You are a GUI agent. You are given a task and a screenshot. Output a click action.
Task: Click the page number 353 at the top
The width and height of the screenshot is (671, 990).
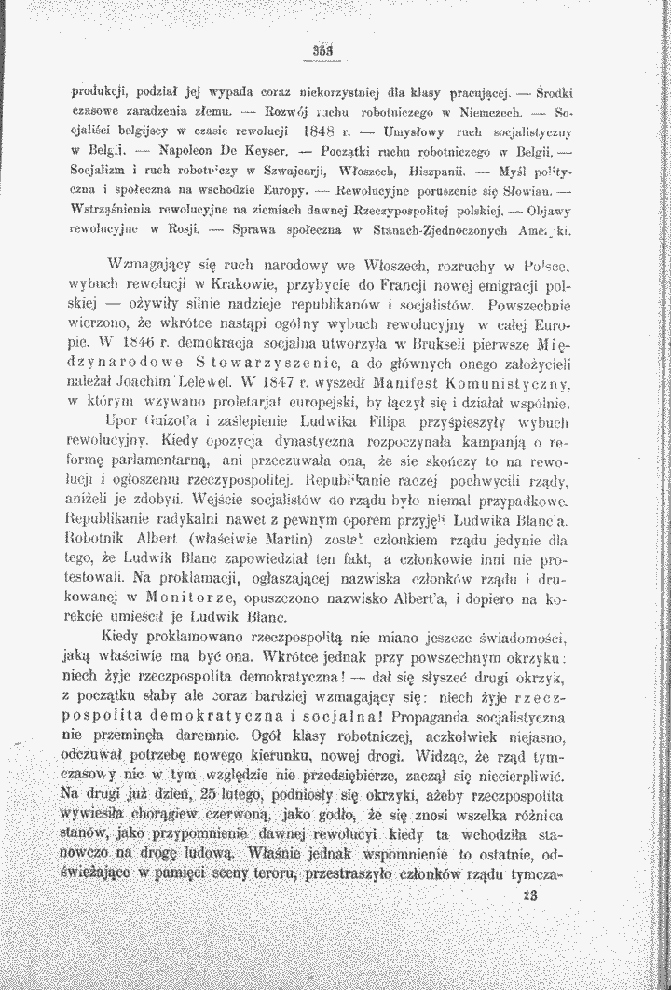tap(323, 49)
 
